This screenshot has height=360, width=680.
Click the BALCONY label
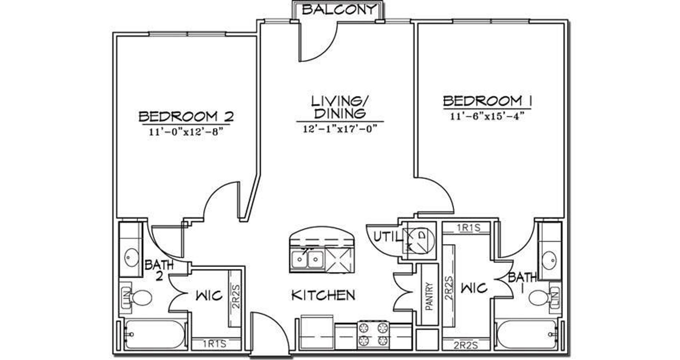338,10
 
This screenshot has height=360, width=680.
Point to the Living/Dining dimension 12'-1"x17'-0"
339,129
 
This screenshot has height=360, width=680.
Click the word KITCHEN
323,295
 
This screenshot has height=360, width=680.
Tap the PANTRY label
429,296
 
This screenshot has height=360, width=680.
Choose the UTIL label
388,237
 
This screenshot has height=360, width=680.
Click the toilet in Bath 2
138,297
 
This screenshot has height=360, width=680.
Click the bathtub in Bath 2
154,334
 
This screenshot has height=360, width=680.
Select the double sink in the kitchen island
307,260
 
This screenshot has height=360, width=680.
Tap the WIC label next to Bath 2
209,295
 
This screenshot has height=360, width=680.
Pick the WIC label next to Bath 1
474,288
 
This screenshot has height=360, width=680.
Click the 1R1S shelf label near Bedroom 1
468,227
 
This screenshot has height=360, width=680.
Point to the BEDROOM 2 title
186,116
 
